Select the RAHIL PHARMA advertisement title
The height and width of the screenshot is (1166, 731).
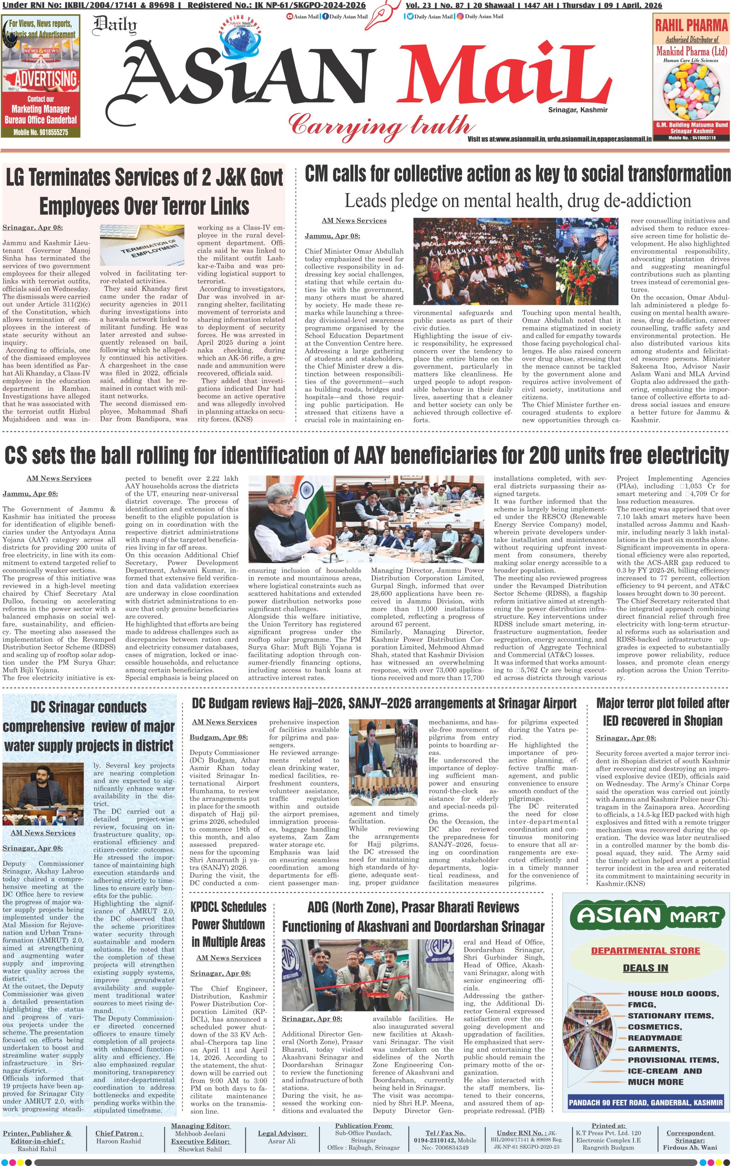(691, 25)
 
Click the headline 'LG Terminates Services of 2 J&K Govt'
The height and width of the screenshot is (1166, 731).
(144, 178)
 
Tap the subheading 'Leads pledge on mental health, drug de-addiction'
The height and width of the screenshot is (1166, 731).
(517, 201)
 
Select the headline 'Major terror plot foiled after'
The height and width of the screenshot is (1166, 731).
(662, 703)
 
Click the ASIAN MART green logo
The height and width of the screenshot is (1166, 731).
(645, 915)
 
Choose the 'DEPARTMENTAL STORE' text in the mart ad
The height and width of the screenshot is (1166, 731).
(645, 950)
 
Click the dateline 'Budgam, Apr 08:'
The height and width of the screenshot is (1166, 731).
(219, 737)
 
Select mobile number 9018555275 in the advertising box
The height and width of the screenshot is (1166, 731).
(41, 132)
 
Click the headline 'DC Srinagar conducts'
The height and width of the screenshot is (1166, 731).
(88, 707)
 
